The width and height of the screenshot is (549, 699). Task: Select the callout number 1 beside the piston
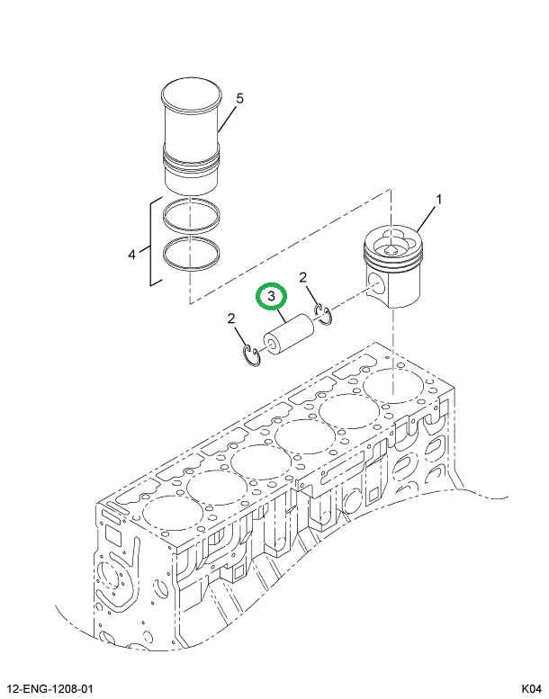[x=438, y=199]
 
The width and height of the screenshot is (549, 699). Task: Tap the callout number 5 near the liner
[x=239, y=97]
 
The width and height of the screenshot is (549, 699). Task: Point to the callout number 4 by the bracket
[x=131, y=255]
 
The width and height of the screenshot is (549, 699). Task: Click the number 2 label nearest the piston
[x=304, y=277]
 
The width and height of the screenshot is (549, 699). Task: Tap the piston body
[x=392, y=270]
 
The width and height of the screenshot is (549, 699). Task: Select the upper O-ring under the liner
[x=190, y=216]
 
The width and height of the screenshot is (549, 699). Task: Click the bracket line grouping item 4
[x=150, y=243]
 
